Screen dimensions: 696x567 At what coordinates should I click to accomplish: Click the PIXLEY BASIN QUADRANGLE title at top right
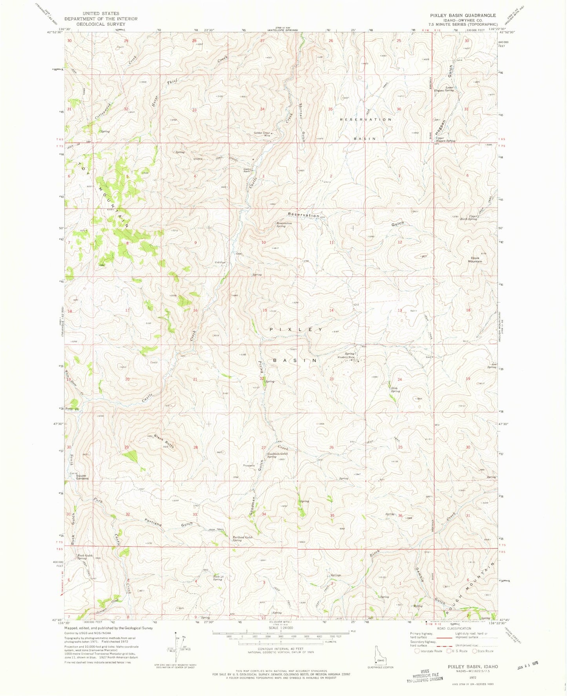click(x=463, y=15)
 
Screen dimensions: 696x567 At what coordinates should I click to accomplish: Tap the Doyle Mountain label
click(x=475, y=260)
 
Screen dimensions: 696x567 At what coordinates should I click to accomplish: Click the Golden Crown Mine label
click(x=262, y=134)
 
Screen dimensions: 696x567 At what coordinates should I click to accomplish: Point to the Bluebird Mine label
click(x=346, y=357)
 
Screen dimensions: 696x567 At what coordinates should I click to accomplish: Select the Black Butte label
click(x=164, y=442)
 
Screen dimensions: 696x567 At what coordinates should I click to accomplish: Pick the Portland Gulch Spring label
click(x=242, y=538)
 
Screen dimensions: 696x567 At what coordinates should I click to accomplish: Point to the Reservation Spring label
click(x=284, y=225)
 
